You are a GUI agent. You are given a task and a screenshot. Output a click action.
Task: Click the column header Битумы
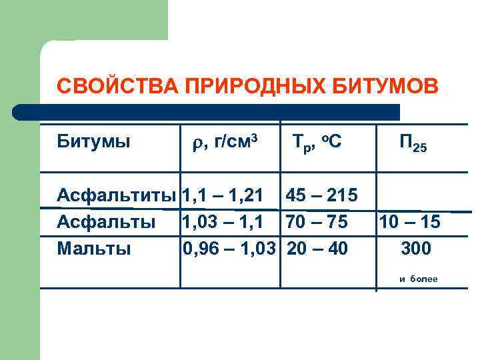point(93,142)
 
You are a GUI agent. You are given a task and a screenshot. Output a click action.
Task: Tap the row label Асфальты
point(107,222)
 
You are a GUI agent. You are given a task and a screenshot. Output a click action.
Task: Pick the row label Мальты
point(94,249)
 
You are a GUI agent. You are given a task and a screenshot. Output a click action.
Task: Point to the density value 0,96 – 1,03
point(230,249)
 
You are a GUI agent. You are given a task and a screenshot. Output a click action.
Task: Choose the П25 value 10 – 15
point(409,222)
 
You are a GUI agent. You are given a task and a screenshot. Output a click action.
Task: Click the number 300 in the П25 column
point(416,249)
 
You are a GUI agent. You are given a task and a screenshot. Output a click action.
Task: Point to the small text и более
point(418,279)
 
